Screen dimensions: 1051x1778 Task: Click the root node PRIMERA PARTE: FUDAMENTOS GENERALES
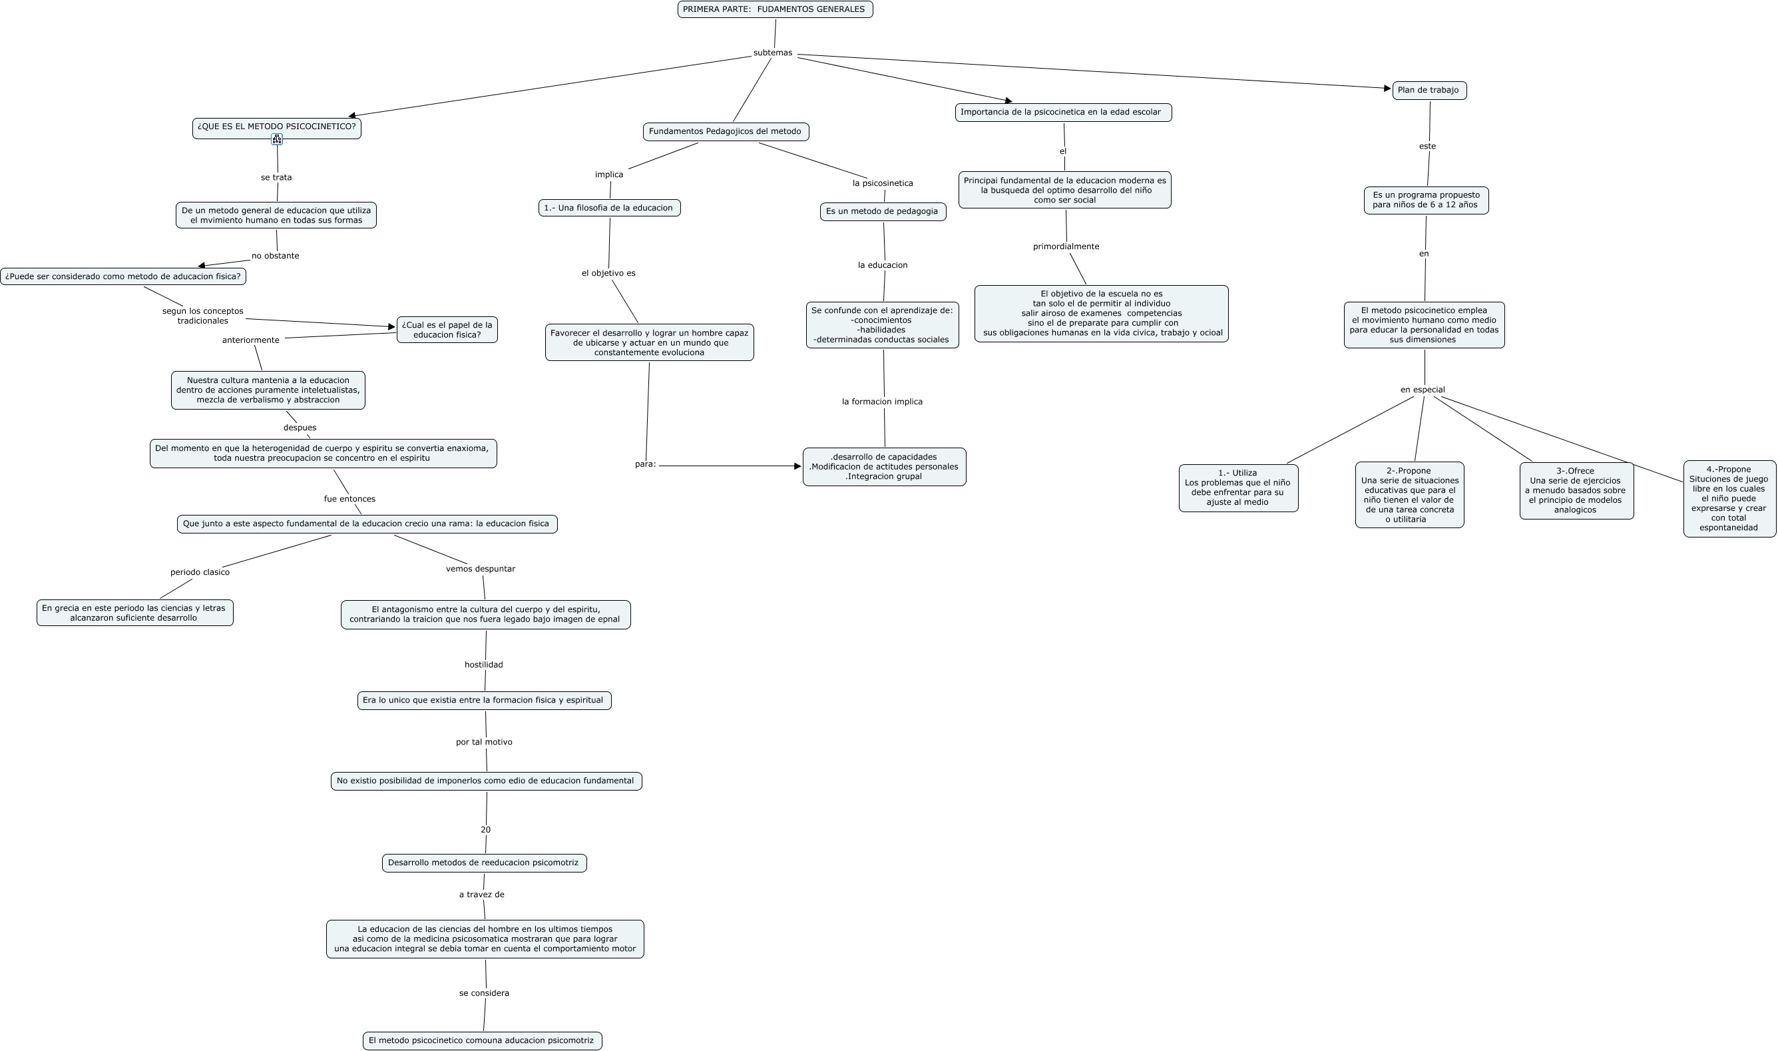pos(775,9)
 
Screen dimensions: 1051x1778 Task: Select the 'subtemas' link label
pos(772,53)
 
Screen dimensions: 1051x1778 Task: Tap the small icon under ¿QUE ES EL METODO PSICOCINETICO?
pos(277,139)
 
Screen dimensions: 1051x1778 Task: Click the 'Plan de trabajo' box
pos(1429,91)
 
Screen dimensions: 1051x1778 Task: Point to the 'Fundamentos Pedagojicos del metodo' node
pos(726,132)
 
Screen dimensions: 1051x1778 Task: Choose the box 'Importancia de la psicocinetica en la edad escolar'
pos(1063,113)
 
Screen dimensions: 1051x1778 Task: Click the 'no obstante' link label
pos(276,256)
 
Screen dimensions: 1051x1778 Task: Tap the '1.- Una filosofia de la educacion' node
pos(608,208)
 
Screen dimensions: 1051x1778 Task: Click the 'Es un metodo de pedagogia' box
pos(883,212)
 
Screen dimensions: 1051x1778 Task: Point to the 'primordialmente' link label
pos(1066,247)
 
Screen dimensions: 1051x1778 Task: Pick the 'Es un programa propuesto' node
pos(1425,200)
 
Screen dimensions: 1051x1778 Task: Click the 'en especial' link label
pos(1422,390)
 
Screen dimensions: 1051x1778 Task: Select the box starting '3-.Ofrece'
pos(1576,491)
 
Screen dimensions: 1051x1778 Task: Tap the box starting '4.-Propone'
pos(1729,499)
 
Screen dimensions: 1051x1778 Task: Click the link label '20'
pos(485,830)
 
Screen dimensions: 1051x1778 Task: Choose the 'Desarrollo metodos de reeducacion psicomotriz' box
pos(484,863)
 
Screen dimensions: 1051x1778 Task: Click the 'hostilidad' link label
pos(483,665)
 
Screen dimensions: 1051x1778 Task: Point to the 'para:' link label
pos(646,465)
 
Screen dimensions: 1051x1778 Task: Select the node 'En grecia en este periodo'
pos(134,613)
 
